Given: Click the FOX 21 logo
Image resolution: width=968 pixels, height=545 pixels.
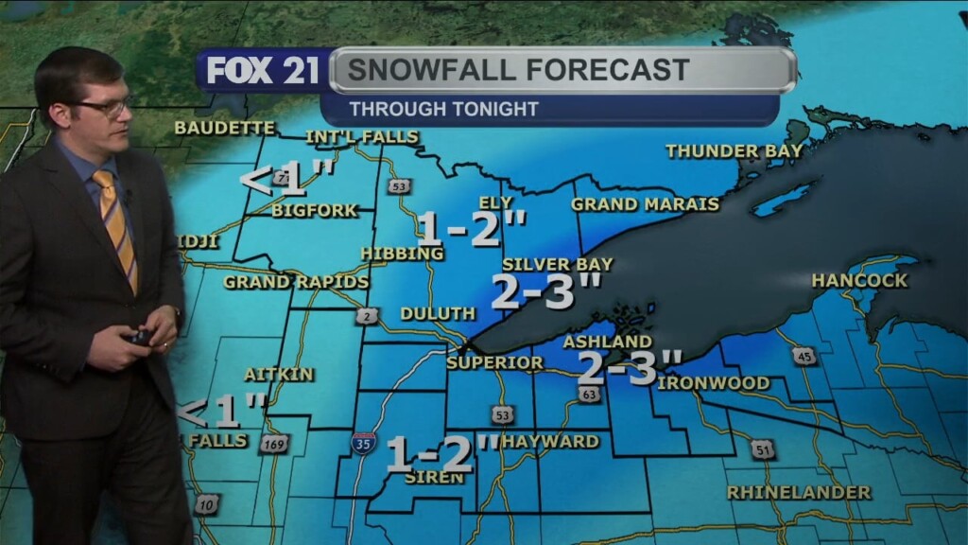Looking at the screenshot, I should (x=264, y=71).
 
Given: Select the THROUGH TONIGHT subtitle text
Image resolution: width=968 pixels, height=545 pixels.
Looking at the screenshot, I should (x=443, y=109).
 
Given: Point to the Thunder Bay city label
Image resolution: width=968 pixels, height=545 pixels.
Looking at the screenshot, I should (x=734, y=151).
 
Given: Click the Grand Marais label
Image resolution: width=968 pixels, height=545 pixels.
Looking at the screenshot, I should (x=645, y=204).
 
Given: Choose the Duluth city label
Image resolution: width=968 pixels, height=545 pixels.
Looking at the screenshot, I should (x=437, y=313).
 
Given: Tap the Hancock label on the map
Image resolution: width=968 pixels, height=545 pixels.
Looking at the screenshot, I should (x=858, y=281).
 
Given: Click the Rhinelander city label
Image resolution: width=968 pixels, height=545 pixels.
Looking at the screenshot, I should (x=798, y=493).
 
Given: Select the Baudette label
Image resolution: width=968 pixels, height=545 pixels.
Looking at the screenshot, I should (x=224, y=128).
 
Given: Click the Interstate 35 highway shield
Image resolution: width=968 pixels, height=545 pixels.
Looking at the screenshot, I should (x=363, y=442).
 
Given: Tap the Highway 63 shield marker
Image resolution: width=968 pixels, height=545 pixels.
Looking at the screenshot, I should (x=589, y=394).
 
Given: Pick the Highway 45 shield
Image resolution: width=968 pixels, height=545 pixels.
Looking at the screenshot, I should (x=804, y=355).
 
